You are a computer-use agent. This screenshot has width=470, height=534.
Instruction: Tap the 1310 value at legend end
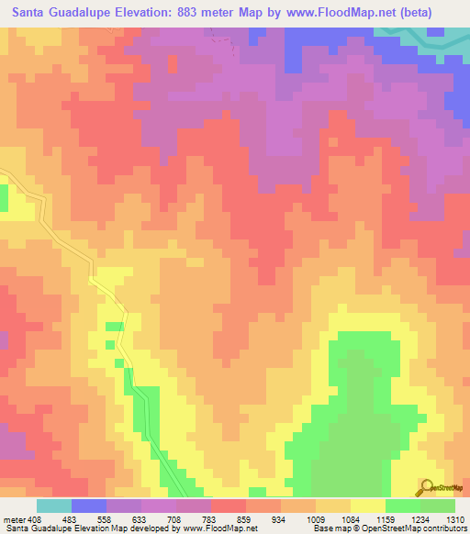[454, 518]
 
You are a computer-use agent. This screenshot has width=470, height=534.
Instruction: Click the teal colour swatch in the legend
[54, 506]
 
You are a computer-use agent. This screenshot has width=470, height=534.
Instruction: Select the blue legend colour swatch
[89, 506]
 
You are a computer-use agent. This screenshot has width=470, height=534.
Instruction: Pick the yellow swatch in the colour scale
[367, 506]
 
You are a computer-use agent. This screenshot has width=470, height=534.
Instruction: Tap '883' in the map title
[208, 12]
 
